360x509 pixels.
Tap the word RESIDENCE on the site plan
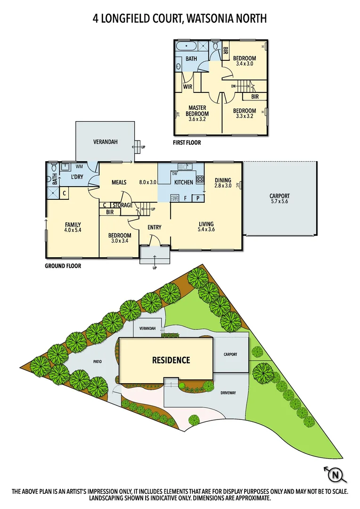pos(171,360)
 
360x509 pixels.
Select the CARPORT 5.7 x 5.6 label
pos(279,199)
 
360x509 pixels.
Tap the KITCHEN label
pos(184,182)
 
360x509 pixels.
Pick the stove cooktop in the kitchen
pos(199,179)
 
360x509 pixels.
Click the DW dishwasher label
pos(161,174)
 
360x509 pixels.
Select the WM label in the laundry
pos(79,166)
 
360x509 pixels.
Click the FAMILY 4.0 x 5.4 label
pos(73,227)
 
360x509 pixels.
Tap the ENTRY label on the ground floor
pos(154,228)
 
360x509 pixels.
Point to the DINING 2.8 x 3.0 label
pos(223,183)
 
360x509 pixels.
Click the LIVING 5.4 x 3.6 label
pos(206,227)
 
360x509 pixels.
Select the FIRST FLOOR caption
pos(187,142)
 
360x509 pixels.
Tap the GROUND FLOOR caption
pos(63,266)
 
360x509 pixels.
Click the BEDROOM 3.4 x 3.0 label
pos(245,61)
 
